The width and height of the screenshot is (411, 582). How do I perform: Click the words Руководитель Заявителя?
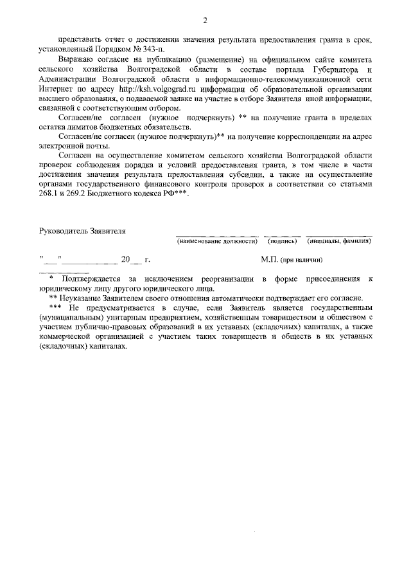click(82, 230)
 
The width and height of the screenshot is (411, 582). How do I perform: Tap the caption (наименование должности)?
click(217, 241)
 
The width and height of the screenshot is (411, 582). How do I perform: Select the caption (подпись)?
click(283, 241)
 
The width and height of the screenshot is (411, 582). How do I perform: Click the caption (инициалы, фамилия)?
click(338, 241)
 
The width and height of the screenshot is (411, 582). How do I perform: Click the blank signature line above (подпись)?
click(282, 235)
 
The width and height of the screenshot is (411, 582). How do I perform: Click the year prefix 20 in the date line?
click(125, 260)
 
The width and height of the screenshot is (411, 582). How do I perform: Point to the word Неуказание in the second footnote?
click(81, 298)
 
